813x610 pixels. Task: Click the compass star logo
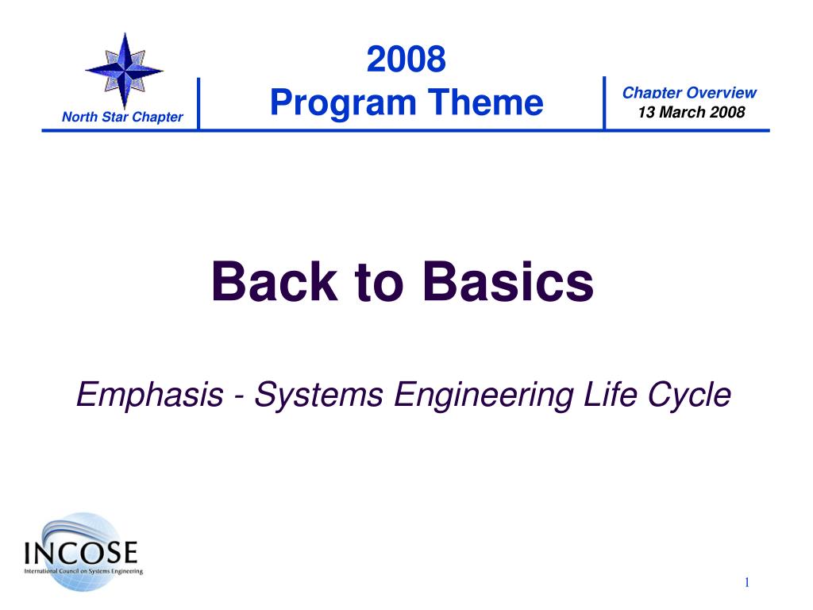tap(125, 71)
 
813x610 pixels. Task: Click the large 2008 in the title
tap(406, 59)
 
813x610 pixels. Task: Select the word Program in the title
tap(343, 103)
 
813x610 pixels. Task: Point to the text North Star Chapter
tap(122, 117)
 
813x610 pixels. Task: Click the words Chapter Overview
tap(689, 93)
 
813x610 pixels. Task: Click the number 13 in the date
tap(646, 112)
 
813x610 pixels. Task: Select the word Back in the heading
tap(274, 281)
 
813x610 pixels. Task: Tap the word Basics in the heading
tap(508, 281)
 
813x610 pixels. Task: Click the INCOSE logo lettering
tap(81, 553)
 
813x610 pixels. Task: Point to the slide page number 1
tap(746, 582)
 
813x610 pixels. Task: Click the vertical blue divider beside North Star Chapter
tap(198, 103)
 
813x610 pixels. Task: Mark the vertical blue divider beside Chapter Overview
tap(604, 102)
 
